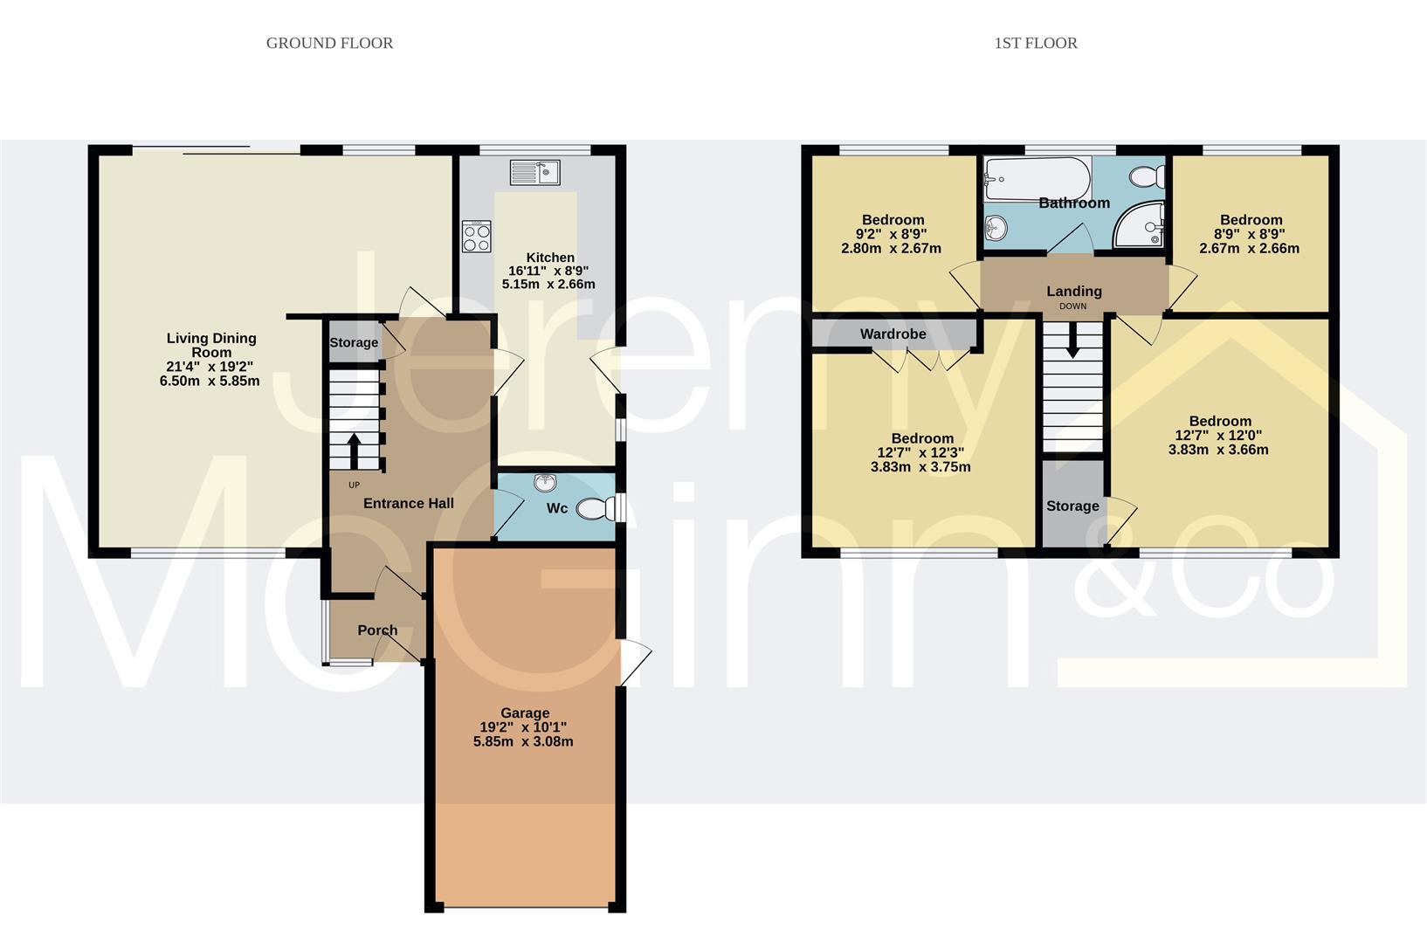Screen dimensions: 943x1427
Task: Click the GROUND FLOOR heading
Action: pyautogui.click(x=329, y=43)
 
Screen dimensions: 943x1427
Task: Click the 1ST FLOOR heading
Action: pyautogui.click(x=1035, y=43)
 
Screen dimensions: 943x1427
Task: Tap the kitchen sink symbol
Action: pyautogui.click(x=534, y=172)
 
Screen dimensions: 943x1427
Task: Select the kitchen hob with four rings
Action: pyautogui.click(x=477, y=237)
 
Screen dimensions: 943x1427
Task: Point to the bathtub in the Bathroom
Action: pyautogui.click(x=1037, y=178)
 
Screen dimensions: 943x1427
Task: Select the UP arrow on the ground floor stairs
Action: pyautogui.click(x=354, y=451)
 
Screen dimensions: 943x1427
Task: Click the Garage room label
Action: pyautogui.click(x=524, y=712)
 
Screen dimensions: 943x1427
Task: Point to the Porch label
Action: pyautogui.click(x=377, y=630)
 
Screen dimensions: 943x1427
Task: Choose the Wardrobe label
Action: pyautogui.click(x=893, y=334)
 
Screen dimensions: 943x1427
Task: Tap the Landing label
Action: pyautogui.click(x=1073, y=291)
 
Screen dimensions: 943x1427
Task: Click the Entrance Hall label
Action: pyautogui.click(x=408, y=503)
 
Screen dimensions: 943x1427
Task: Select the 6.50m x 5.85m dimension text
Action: pyautogui.click(x=210, y=381)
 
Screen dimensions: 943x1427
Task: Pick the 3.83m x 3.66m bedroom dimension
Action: pyautogui.click(x=1218, y=450)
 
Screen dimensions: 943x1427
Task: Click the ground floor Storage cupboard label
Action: pyautogui.click(x=353, y=342)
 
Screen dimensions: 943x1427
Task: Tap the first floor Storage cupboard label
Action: pyautogui.click(x=1072, y=506)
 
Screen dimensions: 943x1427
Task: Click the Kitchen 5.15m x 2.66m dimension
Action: pyautogui.click(x=548, y=284)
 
